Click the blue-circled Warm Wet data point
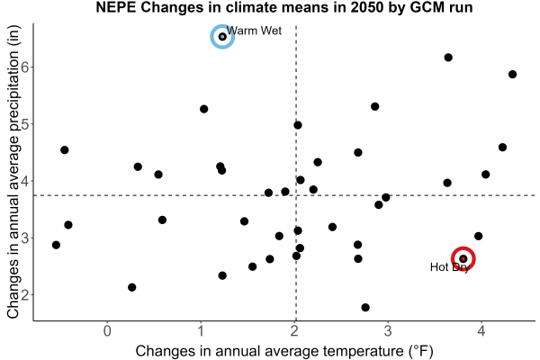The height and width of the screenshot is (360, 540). coord(222,37)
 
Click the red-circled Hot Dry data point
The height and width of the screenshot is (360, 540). coord(463,258)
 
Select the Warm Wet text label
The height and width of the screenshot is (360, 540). coord(254,31)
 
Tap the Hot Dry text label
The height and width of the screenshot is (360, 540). coord(450,267)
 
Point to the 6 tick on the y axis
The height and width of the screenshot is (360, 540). coord(25,67)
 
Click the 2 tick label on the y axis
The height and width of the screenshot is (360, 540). coord(25,295)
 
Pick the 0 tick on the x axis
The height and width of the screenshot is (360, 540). coord(107,331)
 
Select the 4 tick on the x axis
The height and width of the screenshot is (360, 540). coord(481,331)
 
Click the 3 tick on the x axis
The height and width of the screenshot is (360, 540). coord(388,331)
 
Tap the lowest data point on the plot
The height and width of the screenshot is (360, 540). coord(365,307)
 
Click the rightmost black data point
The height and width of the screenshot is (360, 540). coord(512,75)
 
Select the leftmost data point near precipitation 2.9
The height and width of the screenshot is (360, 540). coord(56,245)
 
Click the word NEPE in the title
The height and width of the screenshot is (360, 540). coord(115,7)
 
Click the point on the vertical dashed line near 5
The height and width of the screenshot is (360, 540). coord(298,125)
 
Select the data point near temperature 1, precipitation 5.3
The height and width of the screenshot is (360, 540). coord(204,109)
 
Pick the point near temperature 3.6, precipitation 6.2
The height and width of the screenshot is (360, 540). coord(448,58)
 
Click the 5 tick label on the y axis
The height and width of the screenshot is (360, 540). coord(25,124)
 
